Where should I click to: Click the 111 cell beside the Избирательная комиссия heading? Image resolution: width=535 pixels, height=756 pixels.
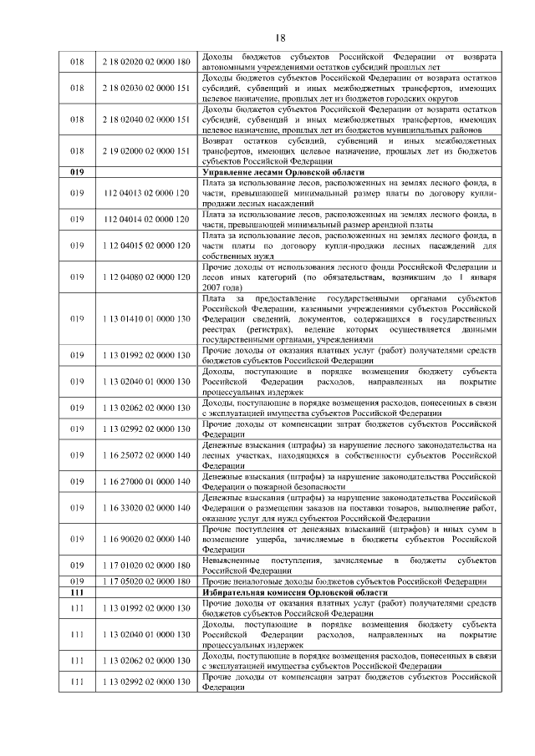coord(77,591)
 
